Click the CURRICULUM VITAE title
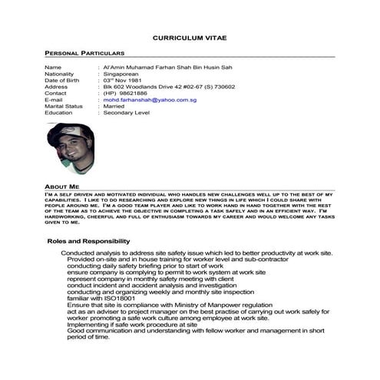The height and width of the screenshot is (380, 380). point(190,37)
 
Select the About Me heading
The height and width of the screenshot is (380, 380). point(61,187)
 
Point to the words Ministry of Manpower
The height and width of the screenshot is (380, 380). point(212,306)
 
